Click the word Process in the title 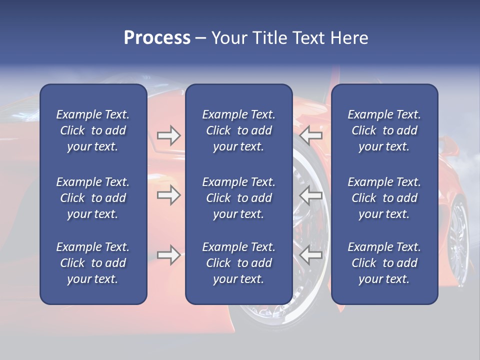[157, 38]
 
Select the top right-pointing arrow [168, 135]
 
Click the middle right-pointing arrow [168, 195]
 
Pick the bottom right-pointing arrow [168, 255]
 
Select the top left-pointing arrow [311, 135]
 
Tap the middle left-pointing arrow [311, 195]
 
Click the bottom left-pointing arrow [311, 255]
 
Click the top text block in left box [93, 130]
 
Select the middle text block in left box [93, 198]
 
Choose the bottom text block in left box [93, 263]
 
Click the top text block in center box [238, 130]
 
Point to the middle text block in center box [238, 198]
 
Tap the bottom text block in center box [238, 263]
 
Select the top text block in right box [384, 130]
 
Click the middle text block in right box [384, 198]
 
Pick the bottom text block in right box [384, 263]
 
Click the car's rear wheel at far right [457, 235]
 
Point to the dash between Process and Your [201, 38]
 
